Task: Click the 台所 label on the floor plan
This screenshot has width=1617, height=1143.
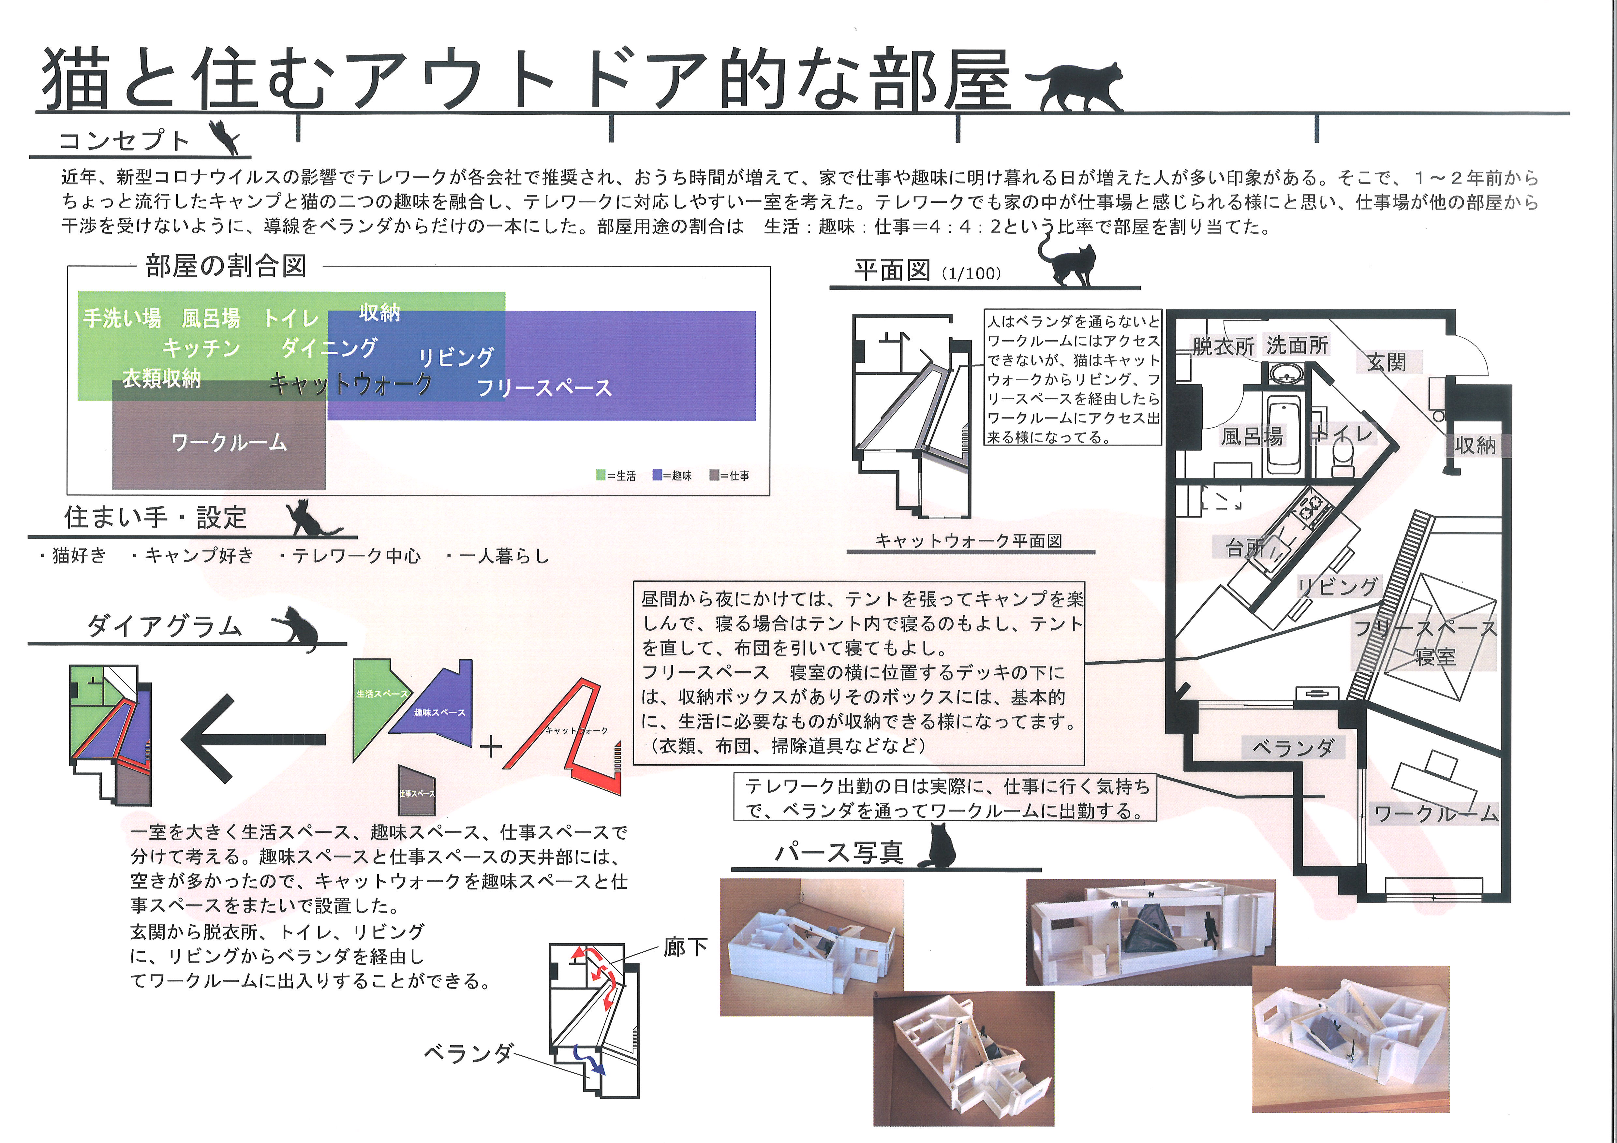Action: coord(1245,547)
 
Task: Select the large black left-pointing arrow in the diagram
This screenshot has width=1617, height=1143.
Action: coord(254,740)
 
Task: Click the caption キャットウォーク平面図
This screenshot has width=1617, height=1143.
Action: coord(968,541)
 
